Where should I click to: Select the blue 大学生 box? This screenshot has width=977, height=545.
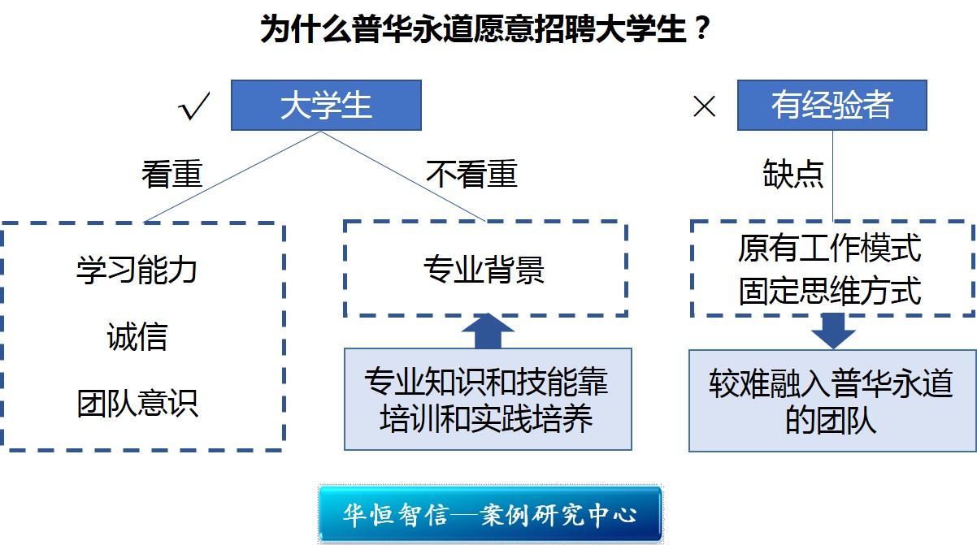326,105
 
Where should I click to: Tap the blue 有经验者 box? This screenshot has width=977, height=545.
832,105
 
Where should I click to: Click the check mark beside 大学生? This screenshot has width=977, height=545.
194,106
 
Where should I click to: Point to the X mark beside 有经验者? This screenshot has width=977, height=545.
705,107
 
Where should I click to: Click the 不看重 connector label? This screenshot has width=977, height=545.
472,174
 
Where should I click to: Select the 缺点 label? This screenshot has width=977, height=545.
793,174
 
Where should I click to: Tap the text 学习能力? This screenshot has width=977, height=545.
137,270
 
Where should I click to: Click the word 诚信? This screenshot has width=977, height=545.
137,336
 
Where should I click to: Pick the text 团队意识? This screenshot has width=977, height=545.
137,404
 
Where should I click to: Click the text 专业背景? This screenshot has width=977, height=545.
484,270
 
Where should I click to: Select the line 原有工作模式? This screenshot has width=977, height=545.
830,248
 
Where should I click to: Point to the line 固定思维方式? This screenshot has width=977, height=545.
830,291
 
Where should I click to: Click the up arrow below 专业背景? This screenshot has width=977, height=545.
488,331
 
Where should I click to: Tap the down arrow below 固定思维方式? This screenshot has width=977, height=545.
833,331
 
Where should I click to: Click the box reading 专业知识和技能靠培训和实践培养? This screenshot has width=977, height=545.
488,399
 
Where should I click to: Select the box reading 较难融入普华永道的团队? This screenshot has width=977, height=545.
832,400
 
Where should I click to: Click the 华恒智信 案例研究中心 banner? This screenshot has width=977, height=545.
490,514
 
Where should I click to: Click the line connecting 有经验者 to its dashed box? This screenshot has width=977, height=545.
832,175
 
